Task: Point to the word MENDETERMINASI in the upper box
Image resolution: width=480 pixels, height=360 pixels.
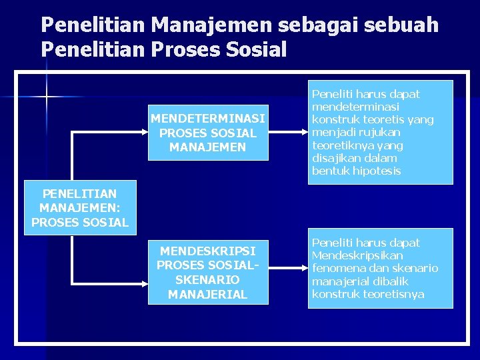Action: point(208,119)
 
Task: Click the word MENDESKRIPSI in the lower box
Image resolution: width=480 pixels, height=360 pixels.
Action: point(208,251)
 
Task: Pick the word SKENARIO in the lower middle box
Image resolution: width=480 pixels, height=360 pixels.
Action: point(207,280)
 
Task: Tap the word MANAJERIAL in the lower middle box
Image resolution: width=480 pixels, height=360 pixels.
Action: point(208,294)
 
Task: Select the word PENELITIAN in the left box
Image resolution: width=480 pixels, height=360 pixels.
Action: point(79,194)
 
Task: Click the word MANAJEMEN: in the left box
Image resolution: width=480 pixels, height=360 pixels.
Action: point(79,208)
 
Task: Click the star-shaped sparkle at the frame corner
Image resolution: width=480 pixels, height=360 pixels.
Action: point(47,97)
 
